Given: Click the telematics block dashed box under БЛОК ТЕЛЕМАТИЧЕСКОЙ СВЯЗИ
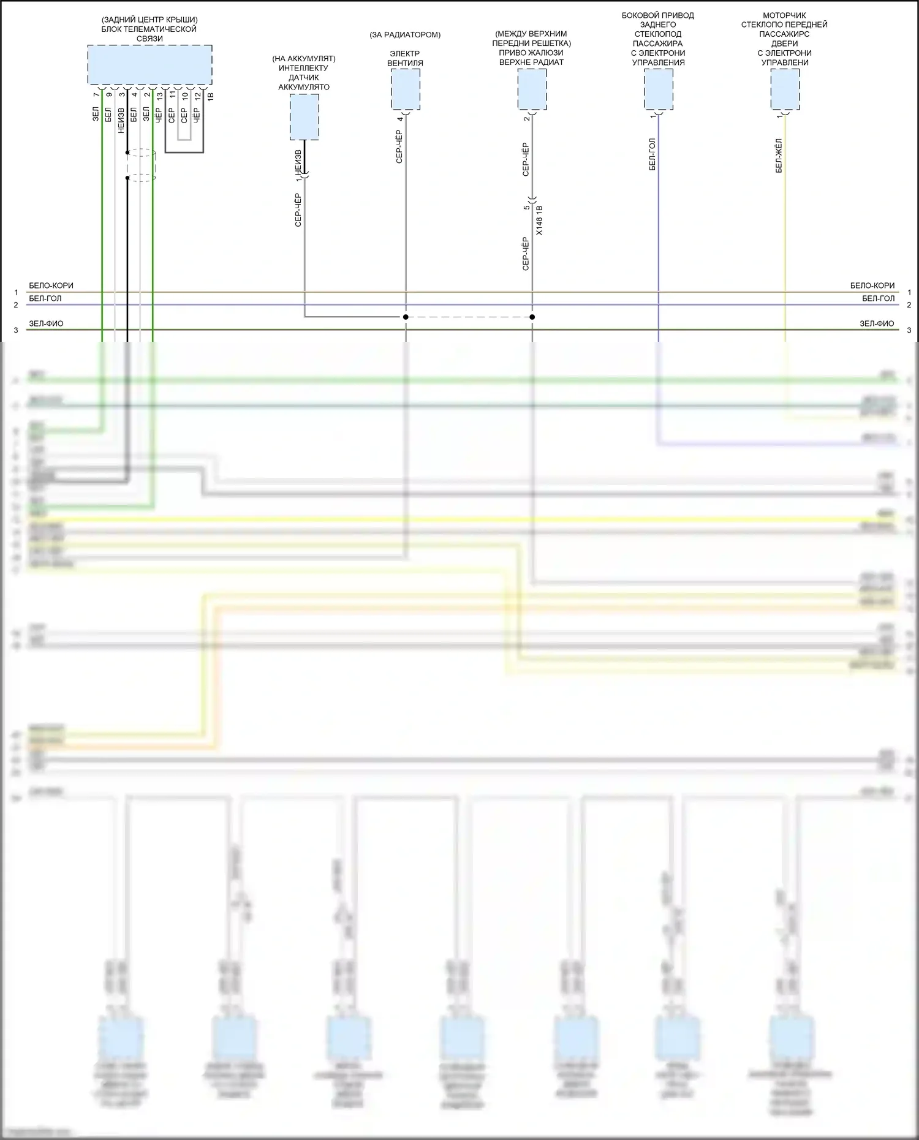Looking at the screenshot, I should (149, 64).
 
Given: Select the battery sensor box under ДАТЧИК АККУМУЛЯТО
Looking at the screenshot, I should (304, 116).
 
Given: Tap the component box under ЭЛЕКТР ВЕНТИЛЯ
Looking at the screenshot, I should (406, 89).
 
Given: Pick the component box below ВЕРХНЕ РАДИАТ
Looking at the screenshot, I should (532, 89).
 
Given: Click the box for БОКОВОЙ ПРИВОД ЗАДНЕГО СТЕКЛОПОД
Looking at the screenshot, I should (659, 89).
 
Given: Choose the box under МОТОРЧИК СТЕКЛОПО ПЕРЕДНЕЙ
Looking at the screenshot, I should (785, 89).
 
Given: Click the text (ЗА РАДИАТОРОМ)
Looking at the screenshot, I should (405, 35).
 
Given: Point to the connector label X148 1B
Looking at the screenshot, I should (539, 221).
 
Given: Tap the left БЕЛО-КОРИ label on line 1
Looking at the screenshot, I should (51, 285).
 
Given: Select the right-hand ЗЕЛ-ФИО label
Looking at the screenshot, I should (877, 323).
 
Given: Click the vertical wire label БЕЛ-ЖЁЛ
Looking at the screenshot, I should (779, 156).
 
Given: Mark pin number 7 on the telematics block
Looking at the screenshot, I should (96, 95).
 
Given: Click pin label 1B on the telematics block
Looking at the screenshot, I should (210, 96).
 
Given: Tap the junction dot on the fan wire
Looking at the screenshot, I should (406, 317).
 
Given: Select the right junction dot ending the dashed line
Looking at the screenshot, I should (532, 317).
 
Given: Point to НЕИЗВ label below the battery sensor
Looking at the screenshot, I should (298, 160).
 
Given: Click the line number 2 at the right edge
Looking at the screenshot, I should (909, 305).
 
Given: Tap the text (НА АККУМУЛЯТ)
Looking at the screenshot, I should (304, 59).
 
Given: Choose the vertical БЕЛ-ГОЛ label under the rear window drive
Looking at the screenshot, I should (652, 154).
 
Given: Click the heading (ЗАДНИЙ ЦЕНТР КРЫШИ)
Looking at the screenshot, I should (149, 20).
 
